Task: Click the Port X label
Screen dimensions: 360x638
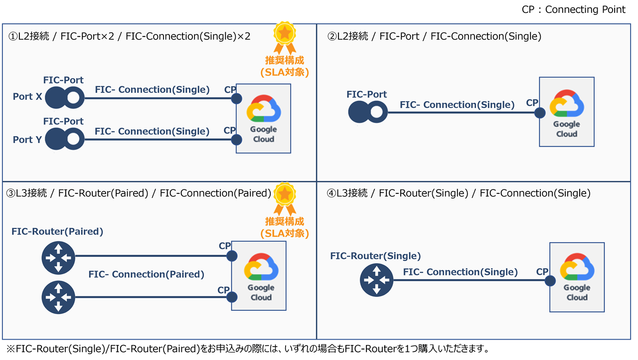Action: (x=27, y=97)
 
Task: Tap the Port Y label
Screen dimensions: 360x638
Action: (x=27, y=140)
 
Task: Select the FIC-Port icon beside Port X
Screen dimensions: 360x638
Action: (x=65, y=98)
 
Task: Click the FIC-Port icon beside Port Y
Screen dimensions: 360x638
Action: (x=65, y=139)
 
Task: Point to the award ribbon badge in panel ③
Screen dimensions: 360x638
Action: (x=284, y=198)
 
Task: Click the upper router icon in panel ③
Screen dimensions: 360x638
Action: (x=58, y=258)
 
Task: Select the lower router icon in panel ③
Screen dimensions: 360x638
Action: (x=58, y=298)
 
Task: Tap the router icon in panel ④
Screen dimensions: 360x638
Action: (x=376, y=280)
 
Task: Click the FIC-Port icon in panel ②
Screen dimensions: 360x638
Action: (x=367, y=113)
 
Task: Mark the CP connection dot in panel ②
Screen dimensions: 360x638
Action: (x=540, y=113)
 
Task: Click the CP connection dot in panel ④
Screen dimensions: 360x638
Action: (x=550, y=281)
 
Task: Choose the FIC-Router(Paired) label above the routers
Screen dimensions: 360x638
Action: (x=57, y=231)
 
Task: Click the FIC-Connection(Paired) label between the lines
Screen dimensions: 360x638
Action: (x=147, y=274)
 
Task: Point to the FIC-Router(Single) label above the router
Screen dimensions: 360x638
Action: (x=375, y=256)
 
